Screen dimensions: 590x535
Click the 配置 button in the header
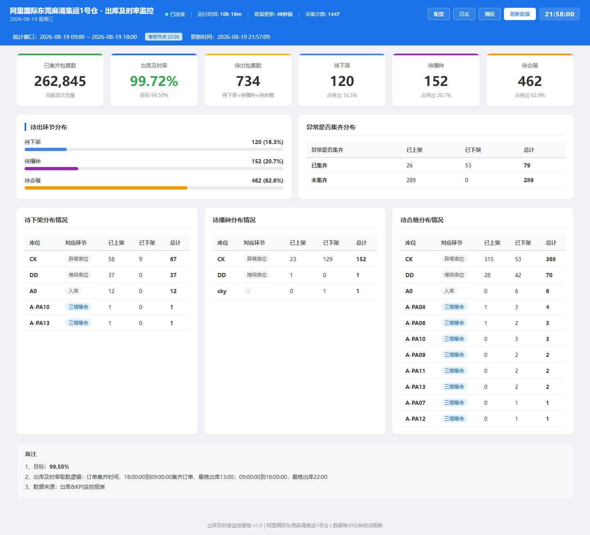[x=438, y=14]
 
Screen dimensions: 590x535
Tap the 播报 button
[x=489, y=14]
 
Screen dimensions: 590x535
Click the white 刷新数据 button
[x=520, y=14]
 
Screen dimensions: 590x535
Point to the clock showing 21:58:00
[x=559, y=14]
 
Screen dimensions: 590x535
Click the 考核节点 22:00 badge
[x=163, y=37]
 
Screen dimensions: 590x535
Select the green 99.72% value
[x=154, y=81]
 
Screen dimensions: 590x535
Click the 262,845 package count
[x=60, y=81]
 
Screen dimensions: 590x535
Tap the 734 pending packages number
[x=248, y=81]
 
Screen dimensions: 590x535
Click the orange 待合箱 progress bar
[x=106, y=188]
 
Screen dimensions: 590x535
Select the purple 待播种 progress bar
[x=52, y=169]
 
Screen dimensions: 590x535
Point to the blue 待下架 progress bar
[x=45, y=149]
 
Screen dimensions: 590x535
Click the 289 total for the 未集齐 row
[x=529, y=180]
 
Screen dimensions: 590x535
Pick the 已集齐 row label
[x=320, y=165]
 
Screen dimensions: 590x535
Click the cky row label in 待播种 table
[x=222, y=291]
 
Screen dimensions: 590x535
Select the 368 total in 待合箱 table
[x=551, y=259]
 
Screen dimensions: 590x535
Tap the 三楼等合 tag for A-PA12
[x=454, y=419]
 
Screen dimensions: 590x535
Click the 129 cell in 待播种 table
[x=328, y=259]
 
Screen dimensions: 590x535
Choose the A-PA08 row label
[x=415, y=307]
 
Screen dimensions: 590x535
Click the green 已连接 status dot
[x=167, y=14]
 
